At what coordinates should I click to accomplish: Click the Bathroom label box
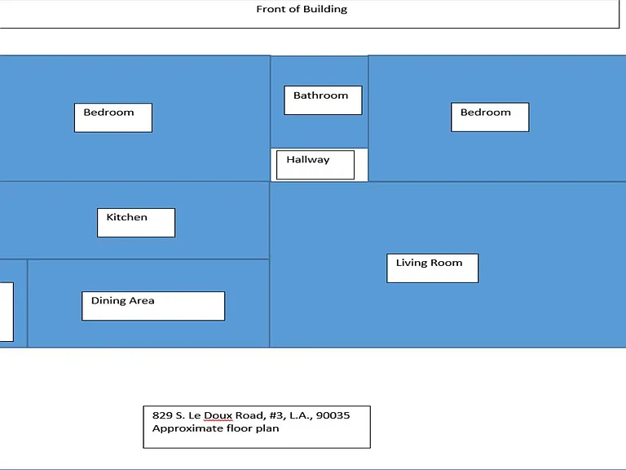tap(323, 100)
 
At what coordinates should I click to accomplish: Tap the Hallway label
tap(315, 165)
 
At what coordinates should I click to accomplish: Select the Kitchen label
tap(136, 223)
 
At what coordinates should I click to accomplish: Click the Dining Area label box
tap(153, 306)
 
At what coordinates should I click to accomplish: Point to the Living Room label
tap(432, 268)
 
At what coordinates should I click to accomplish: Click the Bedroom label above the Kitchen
tap(113, 117)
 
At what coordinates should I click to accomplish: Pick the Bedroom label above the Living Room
tap(490, 117)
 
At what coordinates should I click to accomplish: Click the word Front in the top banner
tap(271, 9)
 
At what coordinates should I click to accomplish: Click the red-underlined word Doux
tap(218, 415)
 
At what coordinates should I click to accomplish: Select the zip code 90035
tap(333, 415)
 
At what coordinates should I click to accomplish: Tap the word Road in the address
tap(250, 415)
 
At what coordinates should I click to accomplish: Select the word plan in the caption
tap(268, 429)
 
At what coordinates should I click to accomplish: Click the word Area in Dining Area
tap(142, 300)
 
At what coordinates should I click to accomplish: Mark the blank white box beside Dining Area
tap(7, 312)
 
